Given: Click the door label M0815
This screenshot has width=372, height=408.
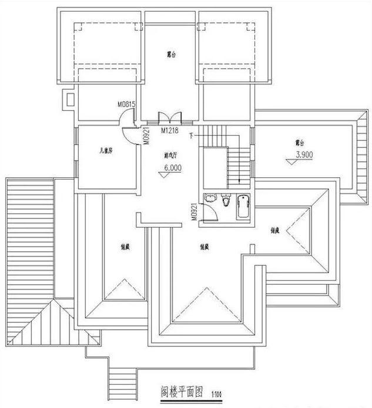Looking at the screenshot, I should tap(126, 104).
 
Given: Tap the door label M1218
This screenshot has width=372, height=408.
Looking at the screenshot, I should tap(170, 131).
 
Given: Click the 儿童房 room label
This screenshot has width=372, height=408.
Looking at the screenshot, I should tap(106, 150).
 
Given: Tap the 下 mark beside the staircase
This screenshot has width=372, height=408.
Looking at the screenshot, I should tap(192, 136).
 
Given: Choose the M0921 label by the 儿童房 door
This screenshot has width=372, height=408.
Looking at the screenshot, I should tap(145, 134).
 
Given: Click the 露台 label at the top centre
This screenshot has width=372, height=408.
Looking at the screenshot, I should tap(172, 55).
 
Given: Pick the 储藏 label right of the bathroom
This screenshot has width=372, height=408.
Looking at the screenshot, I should tap(274, 230).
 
